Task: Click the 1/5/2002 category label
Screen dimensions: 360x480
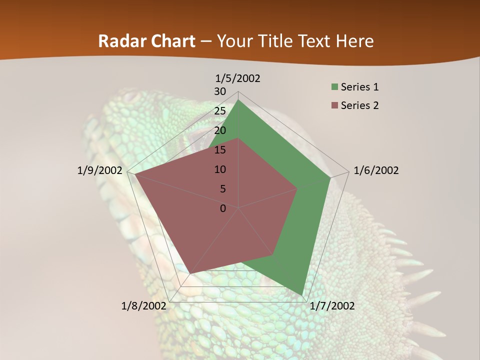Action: coord(237,78)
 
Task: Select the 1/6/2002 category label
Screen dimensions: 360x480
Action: coord(376,170)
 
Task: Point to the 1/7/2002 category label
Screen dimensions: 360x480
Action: coord(332,306)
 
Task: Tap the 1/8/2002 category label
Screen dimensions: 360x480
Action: coord(144,306)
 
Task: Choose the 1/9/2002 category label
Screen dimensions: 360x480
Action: coord(100,170)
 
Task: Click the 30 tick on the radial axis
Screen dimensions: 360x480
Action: coord(220,91)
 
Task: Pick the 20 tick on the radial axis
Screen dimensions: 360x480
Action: coord(220,130)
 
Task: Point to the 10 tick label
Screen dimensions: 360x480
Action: coord(220,169)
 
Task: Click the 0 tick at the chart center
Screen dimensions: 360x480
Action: coord(223,208)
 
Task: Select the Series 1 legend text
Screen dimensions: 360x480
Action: coord(359,87)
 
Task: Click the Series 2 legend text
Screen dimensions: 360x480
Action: coord(359,105)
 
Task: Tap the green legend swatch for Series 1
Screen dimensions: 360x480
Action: coord(334,87)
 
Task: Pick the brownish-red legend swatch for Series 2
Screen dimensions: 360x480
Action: coord(334,106)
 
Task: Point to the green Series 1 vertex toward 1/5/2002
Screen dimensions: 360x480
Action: coord(238,100)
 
